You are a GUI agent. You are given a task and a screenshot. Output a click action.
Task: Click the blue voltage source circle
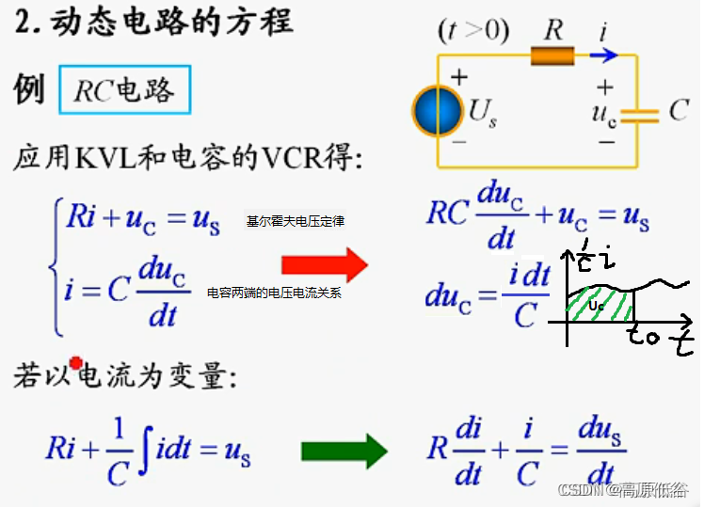coord(438,111)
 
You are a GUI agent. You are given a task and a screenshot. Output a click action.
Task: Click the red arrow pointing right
coord(336,266)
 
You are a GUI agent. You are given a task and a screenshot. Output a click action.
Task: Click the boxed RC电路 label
coord(125,89)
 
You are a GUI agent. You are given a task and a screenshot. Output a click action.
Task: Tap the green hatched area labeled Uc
coord(599,306)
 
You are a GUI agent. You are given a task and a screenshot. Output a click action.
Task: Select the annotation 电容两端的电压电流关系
coord(274,293)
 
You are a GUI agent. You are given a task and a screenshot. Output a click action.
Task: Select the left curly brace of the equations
coord(56,263)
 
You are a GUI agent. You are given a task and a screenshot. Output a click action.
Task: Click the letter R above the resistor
coord(554,29)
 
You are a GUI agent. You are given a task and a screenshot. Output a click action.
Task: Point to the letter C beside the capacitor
coord(679,111)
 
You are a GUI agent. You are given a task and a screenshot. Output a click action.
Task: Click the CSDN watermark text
coord(621,490)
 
